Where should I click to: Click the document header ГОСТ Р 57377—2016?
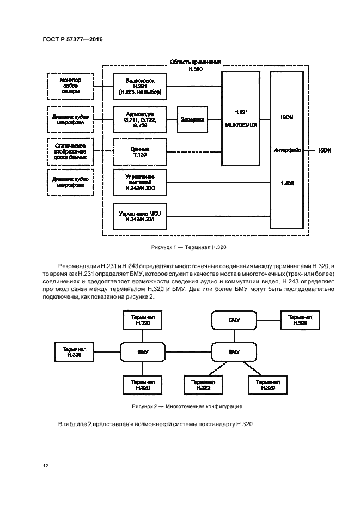click(x=72, y=40)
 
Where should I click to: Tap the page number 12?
click(x=46, y=466)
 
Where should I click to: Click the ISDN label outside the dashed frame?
click(x=325, y=150)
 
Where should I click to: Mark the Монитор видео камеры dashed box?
click(x=70, y=86)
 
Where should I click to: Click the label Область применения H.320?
click(x=194, y=66)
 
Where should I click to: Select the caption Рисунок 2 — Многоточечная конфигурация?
click(x=187, y=406)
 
